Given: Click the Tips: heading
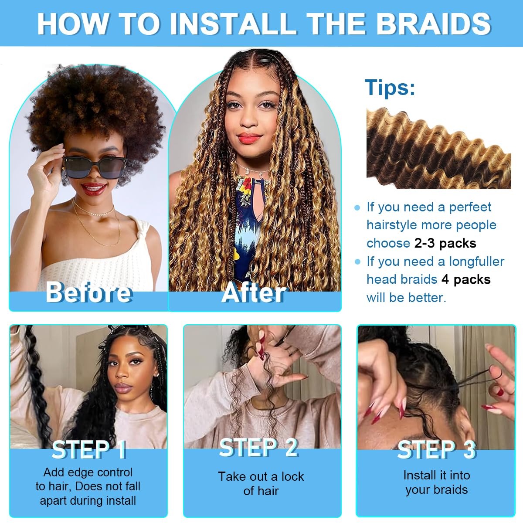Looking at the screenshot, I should (390, 87).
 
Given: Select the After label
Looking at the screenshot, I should (254, 292).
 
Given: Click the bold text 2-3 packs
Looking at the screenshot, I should (445, 243).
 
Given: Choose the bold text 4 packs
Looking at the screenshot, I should (466, 279).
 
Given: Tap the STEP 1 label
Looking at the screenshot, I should (89, 449).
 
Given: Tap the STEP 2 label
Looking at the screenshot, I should (259, 448).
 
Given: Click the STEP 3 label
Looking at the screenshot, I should (436, 449).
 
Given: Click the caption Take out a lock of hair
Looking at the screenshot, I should (261, 483).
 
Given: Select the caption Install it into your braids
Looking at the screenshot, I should (436, 482).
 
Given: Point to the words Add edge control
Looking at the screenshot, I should (88, 472).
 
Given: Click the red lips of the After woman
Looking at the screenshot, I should (250, 139).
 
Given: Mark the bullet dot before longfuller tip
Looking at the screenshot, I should (358, 261).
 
